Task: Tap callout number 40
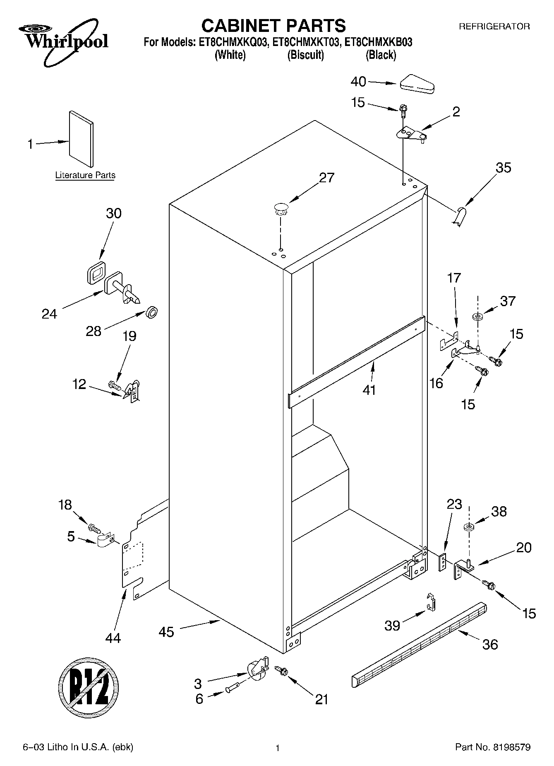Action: click(358, 82)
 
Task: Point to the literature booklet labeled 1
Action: click(81, 139)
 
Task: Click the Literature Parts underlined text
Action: click(85, 175)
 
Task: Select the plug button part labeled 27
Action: click(281, 208)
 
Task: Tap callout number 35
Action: click(503, 168)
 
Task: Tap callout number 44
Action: click(113, 638)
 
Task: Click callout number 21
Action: click(321, 699)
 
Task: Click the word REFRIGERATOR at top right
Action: click(494, 27)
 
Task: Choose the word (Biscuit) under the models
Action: click(305, 55)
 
